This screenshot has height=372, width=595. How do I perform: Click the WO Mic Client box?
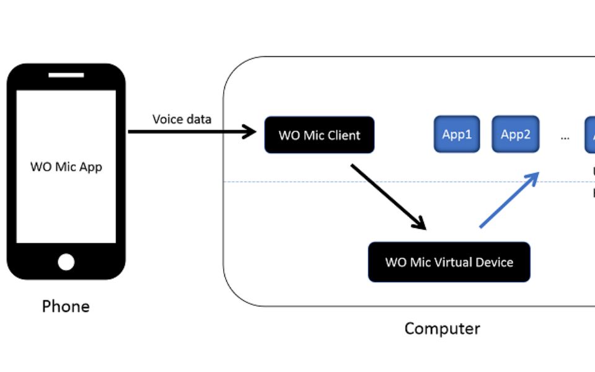[319, 135]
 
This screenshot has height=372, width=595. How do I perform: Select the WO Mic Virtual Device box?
[449, 262]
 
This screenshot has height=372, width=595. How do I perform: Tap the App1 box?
[457, 134]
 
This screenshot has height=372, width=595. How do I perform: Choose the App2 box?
[515, 134]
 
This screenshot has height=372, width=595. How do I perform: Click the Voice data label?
[182, 119]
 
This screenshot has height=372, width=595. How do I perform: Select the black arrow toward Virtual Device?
[388, 197]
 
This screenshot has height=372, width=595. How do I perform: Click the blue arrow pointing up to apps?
[508, 200]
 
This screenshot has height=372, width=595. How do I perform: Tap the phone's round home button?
[66, 262]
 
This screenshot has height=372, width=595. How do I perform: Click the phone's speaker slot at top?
[66, 76]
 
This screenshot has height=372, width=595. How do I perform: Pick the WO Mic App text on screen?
[66, 167]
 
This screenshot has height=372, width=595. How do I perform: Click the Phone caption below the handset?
[66, 306]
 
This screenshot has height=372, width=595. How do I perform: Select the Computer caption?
[442, 328]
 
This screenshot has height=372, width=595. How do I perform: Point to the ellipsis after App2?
[565, 137]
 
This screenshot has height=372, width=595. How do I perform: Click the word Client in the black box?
[343, 135]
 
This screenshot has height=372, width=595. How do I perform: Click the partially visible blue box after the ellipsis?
[590, 134]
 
